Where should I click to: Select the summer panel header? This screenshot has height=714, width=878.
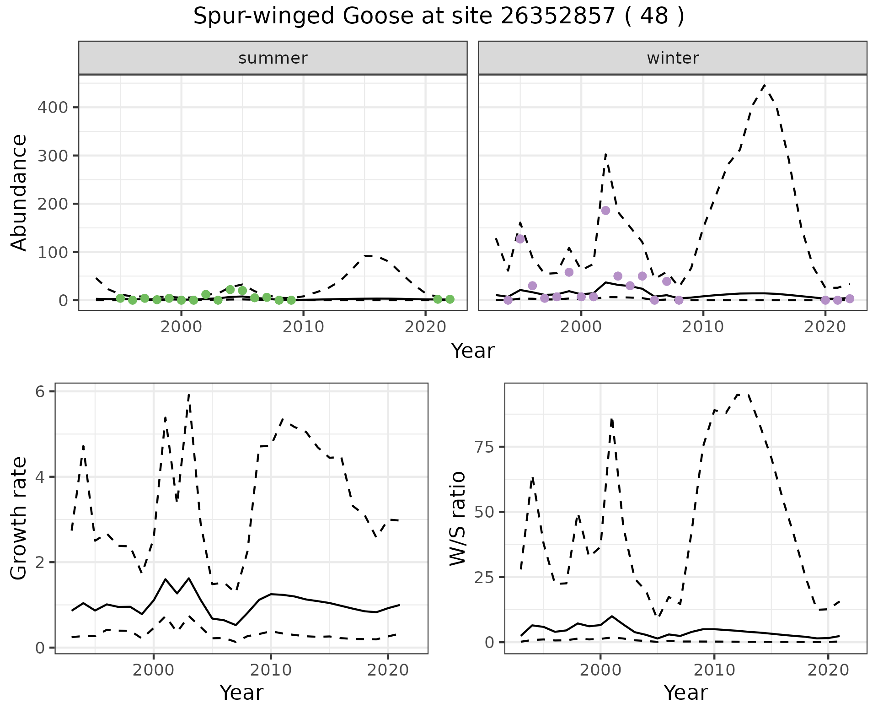coord(273,58)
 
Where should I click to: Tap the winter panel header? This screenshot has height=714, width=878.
coord(673,58)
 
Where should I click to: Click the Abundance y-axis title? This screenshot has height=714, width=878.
coord(19,192)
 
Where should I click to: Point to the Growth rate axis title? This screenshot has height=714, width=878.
coord(19,518)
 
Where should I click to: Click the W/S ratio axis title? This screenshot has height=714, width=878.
coord(458,518)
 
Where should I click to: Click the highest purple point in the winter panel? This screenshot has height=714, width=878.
coord(605,211)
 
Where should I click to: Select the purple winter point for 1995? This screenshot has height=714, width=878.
coord(520,239)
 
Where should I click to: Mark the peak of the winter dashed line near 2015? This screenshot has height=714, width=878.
coord(764,85)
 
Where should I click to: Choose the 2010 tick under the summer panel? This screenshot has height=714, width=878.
coord(303,327)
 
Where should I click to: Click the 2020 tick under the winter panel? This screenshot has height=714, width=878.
coord(825,327)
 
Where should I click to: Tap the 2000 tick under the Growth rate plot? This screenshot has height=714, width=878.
coord(154,670)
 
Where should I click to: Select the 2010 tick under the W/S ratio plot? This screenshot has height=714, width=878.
coord(714,670)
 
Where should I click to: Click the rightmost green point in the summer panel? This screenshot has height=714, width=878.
coord(450,299)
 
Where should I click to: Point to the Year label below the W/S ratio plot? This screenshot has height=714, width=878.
coord(685,692)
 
